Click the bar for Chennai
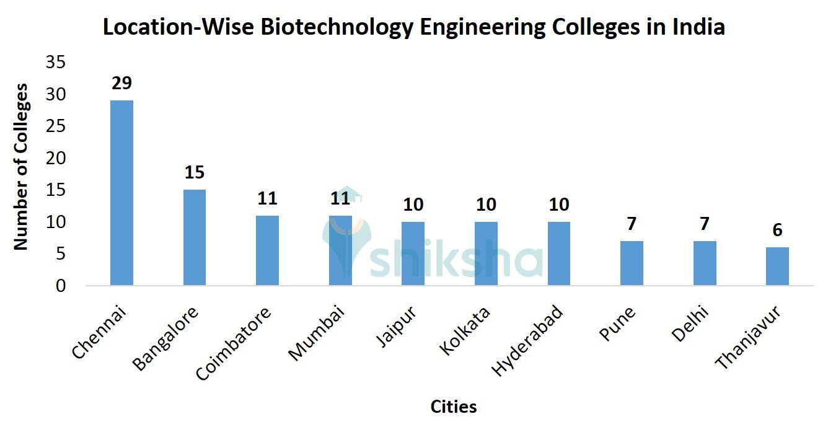(x=121, y=193)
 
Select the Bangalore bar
(x=194, y=237)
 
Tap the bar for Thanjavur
(x=777, y=267)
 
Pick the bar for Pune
(x=632, y=263)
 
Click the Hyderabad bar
(x=558, y=253)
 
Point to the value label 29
(x=121, y=84)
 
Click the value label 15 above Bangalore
(x=194, y=173)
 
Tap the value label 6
(x=777, y=231)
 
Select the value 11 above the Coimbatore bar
(x=267, y=199)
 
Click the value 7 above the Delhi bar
(x=705, y=224)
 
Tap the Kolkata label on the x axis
(x=465, y=330)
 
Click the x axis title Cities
(x=454, y=407)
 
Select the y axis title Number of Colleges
(x=21, y=167)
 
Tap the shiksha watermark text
(x=456, y=260)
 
